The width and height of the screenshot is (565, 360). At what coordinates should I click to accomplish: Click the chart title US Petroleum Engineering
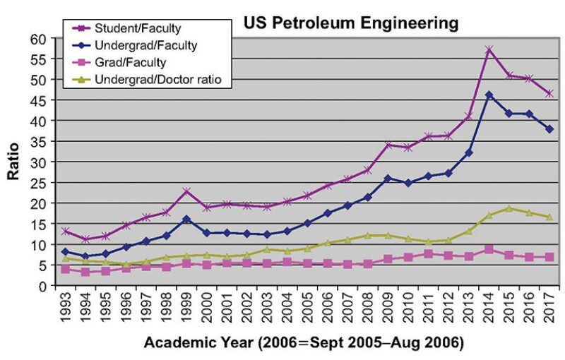351,23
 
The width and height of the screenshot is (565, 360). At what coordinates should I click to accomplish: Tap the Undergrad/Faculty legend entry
146,46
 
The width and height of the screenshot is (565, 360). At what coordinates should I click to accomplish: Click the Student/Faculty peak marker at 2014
489,50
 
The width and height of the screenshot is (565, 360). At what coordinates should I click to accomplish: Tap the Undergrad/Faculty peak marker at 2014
489,95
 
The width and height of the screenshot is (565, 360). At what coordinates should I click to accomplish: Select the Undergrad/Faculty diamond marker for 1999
186,219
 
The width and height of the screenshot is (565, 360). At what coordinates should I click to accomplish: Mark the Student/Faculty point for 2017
549,93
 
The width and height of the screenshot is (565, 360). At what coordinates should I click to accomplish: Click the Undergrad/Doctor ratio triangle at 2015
509,208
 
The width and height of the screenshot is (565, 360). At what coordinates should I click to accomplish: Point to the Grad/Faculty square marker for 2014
489,249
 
